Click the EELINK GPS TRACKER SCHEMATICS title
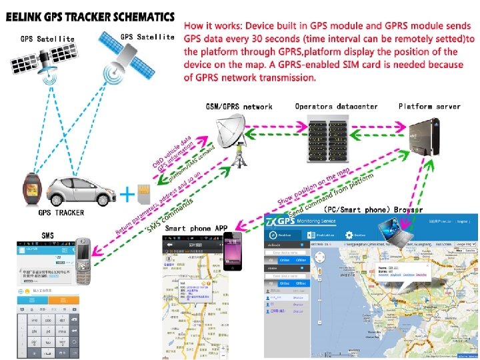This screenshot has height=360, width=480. [x=90, y=16]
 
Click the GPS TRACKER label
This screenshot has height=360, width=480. [x=61, y=213]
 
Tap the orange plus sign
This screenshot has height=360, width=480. [x=125, y=195]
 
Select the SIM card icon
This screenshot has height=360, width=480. [x=143, y=194]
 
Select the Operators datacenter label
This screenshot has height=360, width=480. [x=337, y=107]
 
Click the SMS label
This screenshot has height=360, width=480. [x=49, y=235]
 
